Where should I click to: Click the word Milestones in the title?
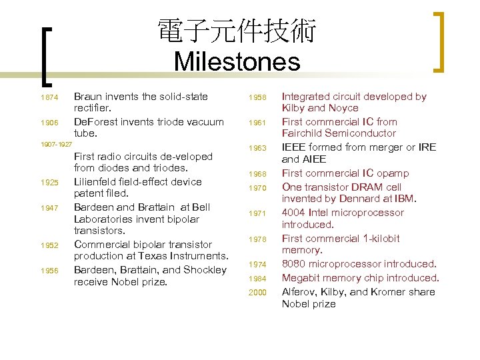coord(237,62)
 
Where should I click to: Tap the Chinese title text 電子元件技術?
coord(237,31)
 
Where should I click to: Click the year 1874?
coord(49,98)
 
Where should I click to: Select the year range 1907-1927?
coord(56,144)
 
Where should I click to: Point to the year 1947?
coord(49,208)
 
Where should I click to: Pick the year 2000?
coord(257,293)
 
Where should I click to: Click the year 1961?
coord(257,123)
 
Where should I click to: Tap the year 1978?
coord(257,239)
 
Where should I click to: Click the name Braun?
coord(89,97)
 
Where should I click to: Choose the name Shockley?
coord(204,269)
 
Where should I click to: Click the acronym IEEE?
coord(295,147)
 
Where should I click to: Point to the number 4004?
coord(295,213)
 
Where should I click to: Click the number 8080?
coord(295,264)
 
